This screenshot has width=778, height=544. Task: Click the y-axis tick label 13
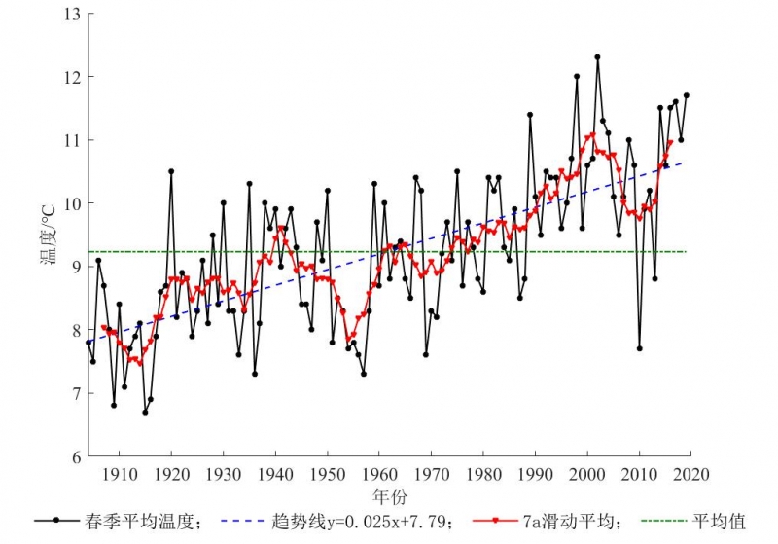[x=72, y=14]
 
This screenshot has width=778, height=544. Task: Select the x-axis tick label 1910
[x=119, y=474]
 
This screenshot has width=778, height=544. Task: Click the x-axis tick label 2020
[x=690, y=474]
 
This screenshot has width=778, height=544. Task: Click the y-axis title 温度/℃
[x=46, y=234]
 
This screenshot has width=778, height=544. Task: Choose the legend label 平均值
[x=720, y=522]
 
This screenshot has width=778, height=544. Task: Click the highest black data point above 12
[x=597, y=57]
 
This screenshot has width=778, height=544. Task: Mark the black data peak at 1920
[x=171, y=171]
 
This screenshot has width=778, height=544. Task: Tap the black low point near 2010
[x=639, y=348]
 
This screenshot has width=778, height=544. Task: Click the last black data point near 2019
[x=687, y=95]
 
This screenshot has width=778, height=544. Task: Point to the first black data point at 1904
[x=88, y=343]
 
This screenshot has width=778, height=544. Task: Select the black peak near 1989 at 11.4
[x=530, y=115]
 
